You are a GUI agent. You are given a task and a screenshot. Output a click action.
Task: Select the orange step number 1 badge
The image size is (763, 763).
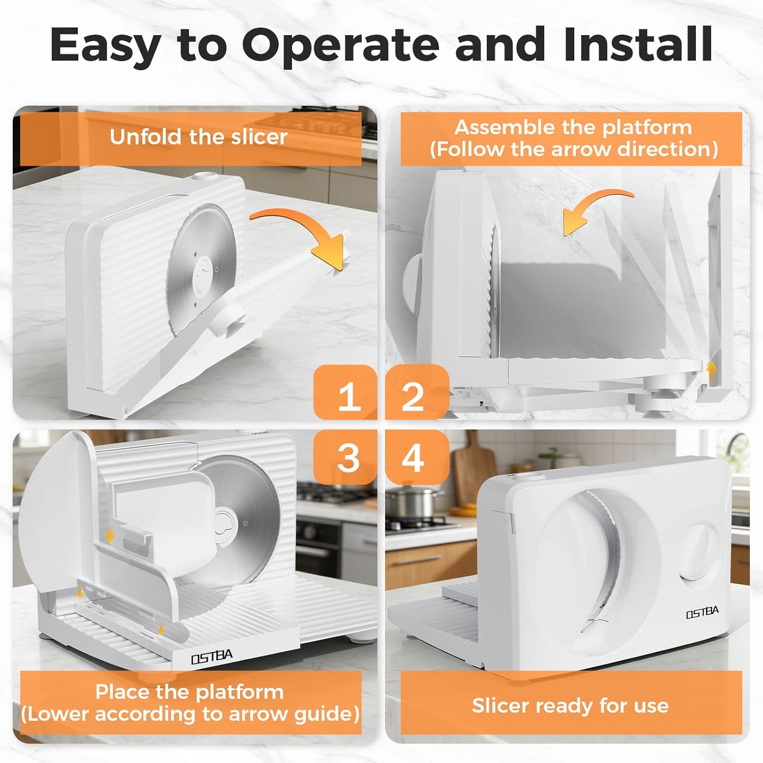tap(346, 392)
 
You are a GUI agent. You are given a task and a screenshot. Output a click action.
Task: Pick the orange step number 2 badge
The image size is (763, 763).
tap(417, 392)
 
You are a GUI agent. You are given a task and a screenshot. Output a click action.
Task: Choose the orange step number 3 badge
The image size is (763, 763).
tap(346, 457)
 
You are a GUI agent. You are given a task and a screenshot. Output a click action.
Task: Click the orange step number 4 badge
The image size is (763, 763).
tap(417, 457)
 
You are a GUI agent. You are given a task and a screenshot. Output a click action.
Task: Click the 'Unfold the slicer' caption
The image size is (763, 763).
tap(198, 137)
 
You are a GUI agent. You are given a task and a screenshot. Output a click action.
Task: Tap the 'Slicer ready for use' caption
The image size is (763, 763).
tap(570, 706)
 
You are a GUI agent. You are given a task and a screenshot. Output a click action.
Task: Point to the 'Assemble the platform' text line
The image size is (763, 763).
tap(573, 127)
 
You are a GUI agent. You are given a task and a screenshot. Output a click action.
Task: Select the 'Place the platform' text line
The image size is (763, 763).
tap(189, 692)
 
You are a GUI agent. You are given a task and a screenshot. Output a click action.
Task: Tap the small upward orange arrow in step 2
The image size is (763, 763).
tap(712, 370)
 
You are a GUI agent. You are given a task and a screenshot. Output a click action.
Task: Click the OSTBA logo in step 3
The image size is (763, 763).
tap(212, 657)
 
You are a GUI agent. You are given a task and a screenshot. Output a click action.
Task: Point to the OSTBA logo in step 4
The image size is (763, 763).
tap(702, 612)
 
